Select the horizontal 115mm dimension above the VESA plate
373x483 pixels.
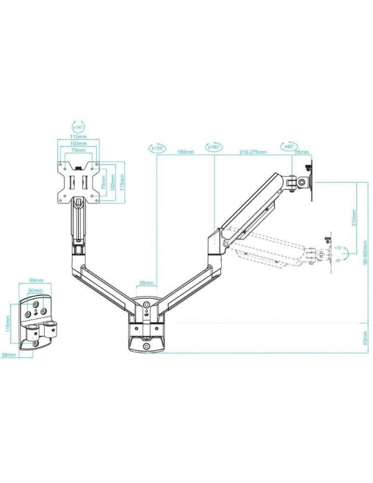click(77, 137)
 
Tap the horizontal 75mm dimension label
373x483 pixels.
click(77, 150)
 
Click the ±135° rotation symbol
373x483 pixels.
click(157, 147)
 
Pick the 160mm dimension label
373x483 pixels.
click(185, 151)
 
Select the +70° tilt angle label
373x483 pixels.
click(338, 248)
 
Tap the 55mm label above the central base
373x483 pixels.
click(146, 283)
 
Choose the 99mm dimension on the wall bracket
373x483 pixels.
click(37, 281)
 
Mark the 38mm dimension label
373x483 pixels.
click(9, 356)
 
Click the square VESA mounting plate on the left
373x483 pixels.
click(77, 181)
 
